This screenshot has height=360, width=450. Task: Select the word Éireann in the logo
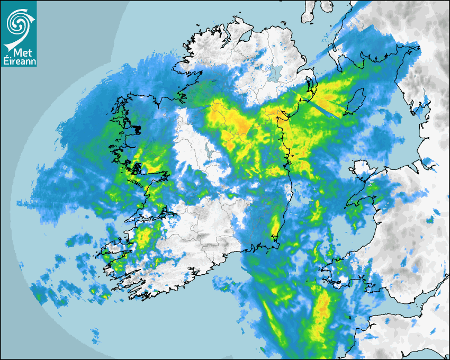point(19,61)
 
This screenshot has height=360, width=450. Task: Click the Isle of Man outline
point(356,102)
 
